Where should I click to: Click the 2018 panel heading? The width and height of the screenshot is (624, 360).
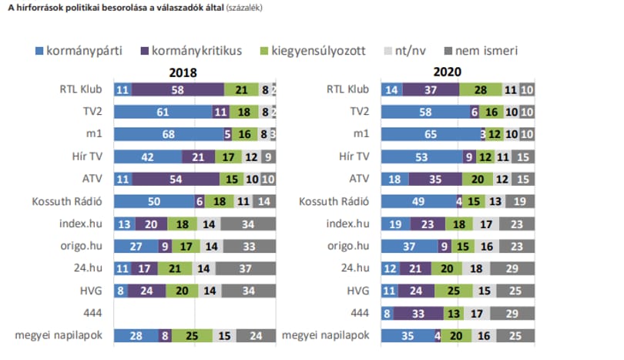183,72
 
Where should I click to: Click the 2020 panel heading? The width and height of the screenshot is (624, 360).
448,72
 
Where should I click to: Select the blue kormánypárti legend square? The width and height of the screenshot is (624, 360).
39,51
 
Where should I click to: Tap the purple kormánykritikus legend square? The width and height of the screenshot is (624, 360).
145,51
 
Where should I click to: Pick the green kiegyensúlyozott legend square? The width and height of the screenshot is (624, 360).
263,51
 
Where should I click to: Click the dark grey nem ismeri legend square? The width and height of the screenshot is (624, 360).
448,51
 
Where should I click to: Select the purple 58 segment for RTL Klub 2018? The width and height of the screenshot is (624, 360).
178,89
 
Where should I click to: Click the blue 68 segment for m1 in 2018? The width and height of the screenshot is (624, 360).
169,134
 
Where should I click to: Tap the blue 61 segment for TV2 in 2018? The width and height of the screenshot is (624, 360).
163,112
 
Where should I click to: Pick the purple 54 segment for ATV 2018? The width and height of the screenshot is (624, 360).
176,179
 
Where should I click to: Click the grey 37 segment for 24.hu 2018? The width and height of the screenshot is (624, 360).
246,268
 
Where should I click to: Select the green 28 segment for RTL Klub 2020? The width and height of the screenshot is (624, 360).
481,89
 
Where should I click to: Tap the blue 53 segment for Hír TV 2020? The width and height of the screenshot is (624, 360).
422,157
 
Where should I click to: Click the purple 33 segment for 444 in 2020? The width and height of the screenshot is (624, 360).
418,314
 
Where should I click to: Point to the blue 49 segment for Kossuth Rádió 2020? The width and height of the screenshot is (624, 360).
418,201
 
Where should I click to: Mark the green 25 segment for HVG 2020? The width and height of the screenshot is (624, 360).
453,291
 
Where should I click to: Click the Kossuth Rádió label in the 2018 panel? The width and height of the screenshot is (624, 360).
67,201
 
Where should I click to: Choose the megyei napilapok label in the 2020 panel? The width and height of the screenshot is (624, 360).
326,335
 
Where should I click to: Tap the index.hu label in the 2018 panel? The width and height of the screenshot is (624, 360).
81,224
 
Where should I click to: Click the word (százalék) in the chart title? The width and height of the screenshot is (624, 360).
244,8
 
